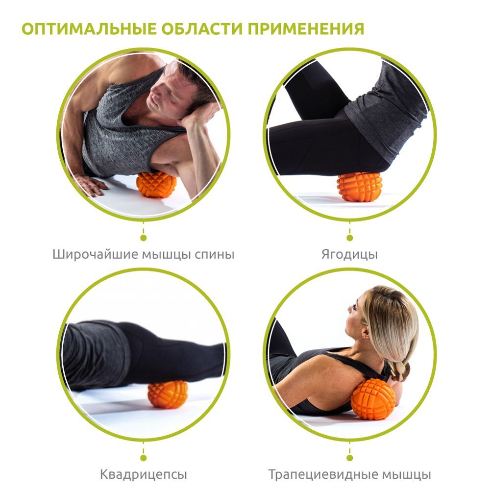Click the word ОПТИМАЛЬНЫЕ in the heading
point(89,29)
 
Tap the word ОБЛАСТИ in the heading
point(202,29)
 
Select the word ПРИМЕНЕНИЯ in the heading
point(306,29)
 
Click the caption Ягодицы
point(349,255)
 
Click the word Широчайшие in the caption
point(95,255)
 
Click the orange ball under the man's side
point(156,184)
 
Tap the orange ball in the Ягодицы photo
point(360,187)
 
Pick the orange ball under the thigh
point(168,394)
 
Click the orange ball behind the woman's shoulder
point(373,399)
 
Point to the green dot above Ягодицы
point(350,238)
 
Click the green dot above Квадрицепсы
point(144,458)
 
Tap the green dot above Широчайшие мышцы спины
point(144,238)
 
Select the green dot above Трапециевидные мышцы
point(350,458)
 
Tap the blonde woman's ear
point(366,331)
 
